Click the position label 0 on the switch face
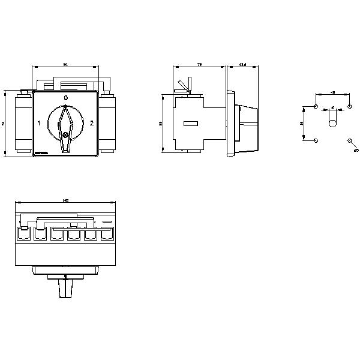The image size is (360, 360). [x=65, y=97]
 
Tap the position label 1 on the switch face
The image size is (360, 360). [x=39, y=124]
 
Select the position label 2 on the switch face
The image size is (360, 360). [x=91, y=124]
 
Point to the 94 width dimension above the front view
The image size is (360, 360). [x=65, y=64]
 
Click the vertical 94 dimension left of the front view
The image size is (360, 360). [x=4, y=124]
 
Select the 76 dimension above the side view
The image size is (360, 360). [x=199, y=64]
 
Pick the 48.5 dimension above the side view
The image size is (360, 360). [x=243, y=64]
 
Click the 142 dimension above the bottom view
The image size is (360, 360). [x=65, y=200]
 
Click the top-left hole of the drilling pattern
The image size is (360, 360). [x=316, y=106]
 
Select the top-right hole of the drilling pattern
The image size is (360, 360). [x=349, y=106]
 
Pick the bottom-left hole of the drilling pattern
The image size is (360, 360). [x=316, y=140]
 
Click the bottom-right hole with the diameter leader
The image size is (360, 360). [x=349, y=140]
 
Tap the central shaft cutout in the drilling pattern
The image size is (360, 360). [x=332, y=123]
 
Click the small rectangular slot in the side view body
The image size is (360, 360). [x=191, y=124]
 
